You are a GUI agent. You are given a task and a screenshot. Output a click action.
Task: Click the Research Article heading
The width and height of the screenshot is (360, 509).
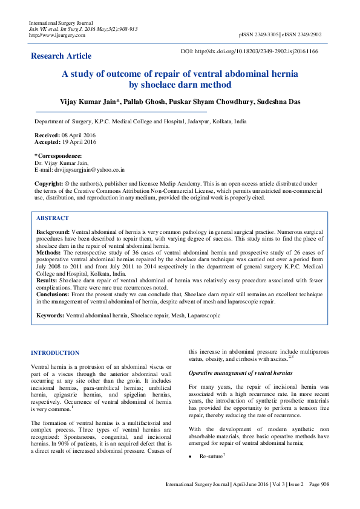point(62,56)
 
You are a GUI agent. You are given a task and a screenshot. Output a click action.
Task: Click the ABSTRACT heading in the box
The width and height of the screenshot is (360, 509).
point(53,218)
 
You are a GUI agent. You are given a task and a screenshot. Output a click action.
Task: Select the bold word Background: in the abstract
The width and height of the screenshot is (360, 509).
point(53,232)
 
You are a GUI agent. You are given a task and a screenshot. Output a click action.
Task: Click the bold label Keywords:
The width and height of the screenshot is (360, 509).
point(50,316)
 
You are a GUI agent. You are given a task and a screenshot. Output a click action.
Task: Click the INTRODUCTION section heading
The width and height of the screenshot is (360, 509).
point(55,352)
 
